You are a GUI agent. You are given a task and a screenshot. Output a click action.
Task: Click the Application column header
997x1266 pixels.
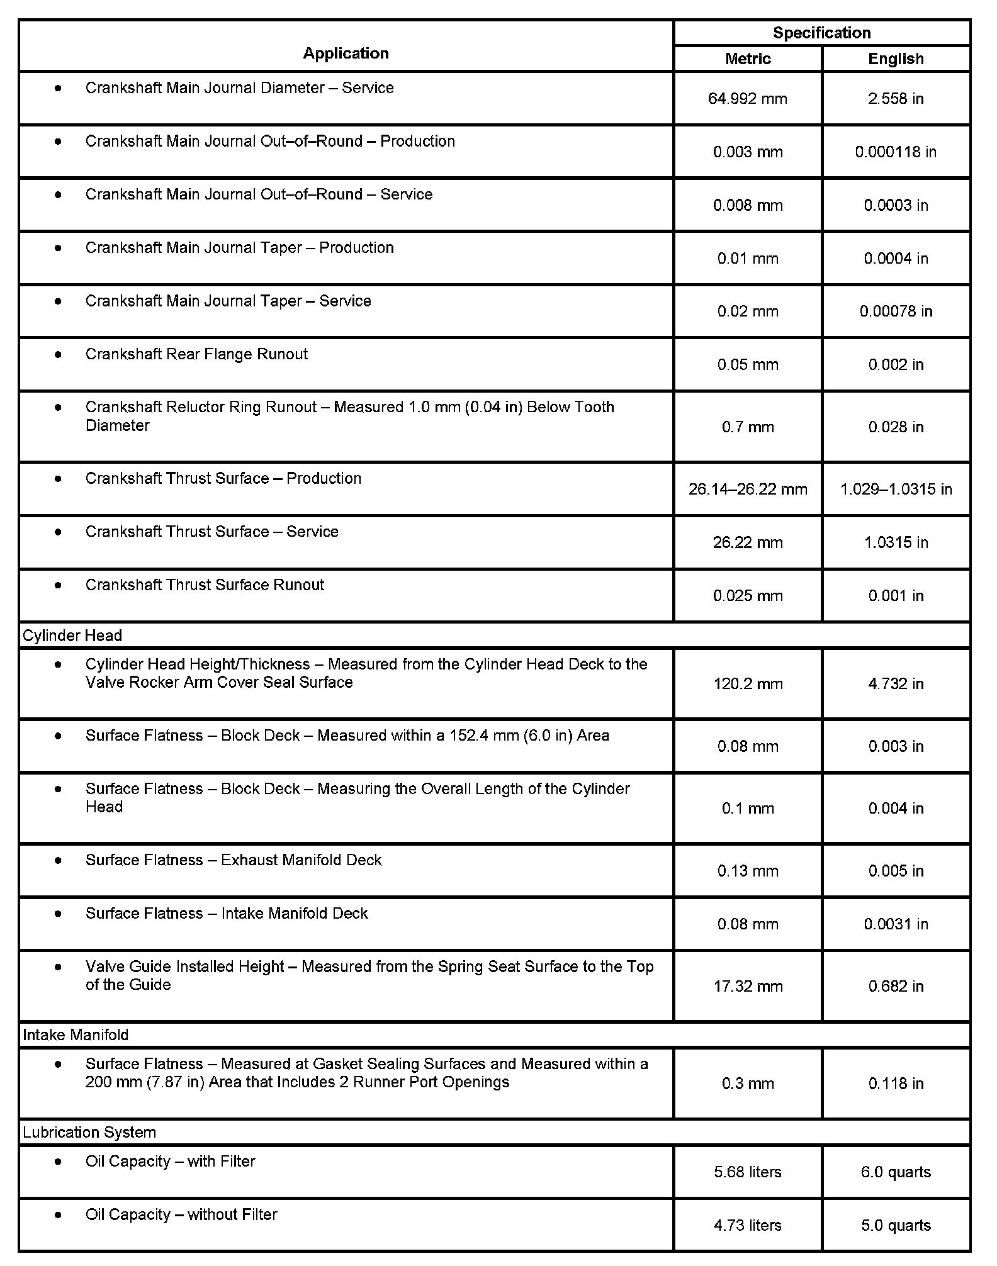[x=346, y=53]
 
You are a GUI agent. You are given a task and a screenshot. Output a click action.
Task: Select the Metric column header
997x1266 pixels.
[x=748, y=59]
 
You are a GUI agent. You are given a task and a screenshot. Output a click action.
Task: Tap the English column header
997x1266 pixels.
[x=896, y=59]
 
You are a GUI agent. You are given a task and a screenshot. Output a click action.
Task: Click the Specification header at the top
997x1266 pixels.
[x=821, y=33]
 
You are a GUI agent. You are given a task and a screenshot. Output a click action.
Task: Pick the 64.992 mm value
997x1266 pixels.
[x=748, y=99]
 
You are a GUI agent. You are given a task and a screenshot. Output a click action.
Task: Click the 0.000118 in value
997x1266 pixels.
[x=896, y=152]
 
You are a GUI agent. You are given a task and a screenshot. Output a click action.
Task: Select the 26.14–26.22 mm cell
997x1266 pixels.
[x=748, y=490]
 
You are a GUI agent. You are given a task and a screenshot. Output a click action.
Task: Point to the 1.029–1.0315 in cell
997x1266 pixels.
[x=896, y=490]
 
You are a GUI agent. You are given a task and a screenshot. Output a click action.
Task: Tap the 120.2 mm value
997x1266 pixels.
[x=748, y=684]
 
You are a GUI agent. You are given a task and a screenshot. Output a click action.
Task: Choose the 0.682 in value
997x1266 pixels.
[x=896, y=986]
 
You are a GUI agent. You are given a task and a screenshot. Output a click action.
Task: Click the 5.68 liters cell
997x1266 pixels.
[x=748, y=1172]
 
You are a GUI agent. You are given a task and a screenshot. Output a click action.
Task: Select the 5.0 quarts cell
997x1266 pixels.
[x=896, y=1225]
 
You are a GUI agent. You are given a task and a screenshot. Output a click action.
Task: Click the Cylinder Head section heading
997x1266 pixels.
[x=72, y=636]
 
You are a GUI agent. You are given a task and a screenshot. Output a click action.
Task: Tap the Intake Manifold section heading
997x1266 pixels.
[x=76, y=1035]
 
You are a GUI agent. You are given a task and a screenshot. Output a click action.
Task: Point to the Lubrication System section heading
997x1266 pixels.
[x=89, y=1133]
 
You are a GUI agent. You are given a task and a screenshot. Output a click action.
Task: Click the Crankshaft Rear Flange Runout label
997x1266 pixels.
[x=196, y=354]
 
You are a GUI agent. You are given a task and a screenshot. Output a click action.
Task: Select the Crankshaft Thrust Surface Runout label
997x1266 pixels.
[x=205, y=585]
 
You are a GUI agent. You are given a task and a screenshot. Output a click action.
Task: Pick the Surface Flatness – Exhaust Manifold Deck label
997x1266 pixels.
[x=234, y=860]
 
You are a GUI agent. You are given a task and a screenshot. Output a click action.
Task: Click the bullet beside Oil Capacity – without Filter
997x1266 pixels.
[x=59, y=1214]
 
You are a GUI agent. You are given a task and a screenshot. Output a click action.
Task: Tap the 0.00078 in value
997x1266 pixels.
[x=896, y=311]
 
